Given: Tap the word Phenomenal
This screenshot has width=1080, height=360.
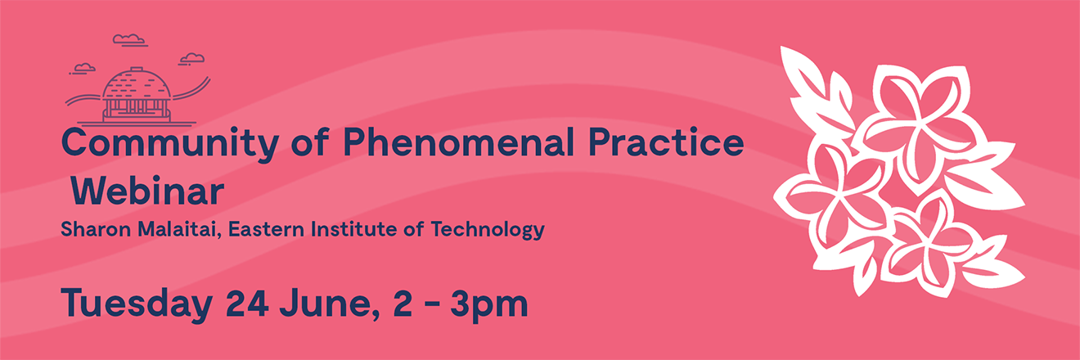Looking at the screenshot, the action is [x=458, y=142].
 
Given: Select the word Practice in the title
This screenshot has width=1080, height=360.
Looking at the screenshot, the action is [x=666, y=142].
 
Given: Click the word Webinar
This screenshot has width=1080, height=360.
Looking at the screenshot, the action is [x=147, y=191].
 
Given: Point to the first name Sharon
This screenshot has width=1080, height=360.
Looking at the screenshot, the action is [x=96, y=229].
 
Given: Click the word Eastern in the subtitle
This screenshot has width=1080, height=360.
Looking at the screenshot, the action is [x=267, y=229].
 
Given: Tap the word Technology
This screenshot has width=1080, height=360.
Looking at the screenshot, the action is [x=488, y=230].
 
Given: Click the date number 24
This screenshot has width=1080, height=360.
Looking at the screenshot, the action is [x=247, y=302].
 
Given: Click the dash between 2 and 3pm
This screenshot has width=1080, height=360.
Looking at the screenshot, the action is [x=431, y=304].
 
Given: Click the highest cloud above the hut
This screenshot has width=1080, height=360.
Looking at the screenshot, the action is [x=129, y=39].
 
